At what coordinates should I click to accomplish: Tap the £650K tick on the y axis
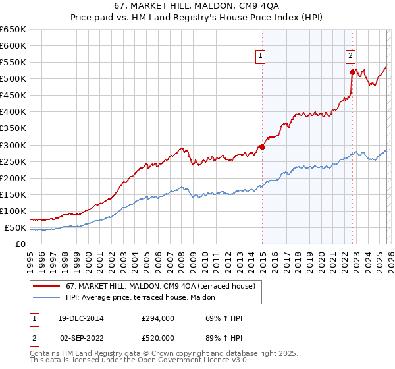tap(13, 30)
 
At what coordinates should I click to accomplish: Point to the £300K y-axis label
tap(13, 145)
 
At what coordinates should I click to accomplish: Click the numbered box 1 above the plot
tap(261, 57)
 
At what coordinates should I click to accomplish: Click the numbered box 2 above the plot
tap(351, 57)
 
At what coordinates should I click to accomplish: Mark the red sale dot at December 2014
tap(262, 147)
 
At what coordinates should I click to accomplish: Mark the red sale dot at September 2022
tap(352, 72)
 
